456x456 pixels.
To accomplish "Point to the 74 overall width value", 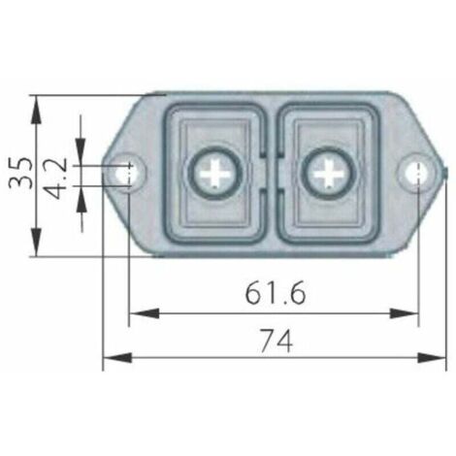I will [x=276, y=340].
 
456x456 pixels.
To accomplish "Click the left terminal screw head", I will [x=214, y=175].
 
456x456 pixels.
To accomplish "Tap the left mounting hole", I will [x=125, y=174].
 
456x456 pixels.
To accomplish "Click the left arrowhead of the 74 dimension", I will [x=110, y=358].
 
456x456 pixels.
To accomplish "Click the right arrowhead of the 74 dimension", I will [x=439, y=358].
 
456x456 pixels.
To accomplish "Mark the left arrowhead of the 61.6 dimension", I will [x=137, y=312].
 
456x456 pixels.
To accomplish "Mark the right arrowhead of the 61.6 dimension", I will [x=411, y=312].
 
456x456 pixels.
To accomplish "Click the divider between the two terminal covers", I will [x=273, y=175].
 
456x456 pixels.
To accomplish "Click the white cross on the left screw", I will [x=214, y=175].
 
